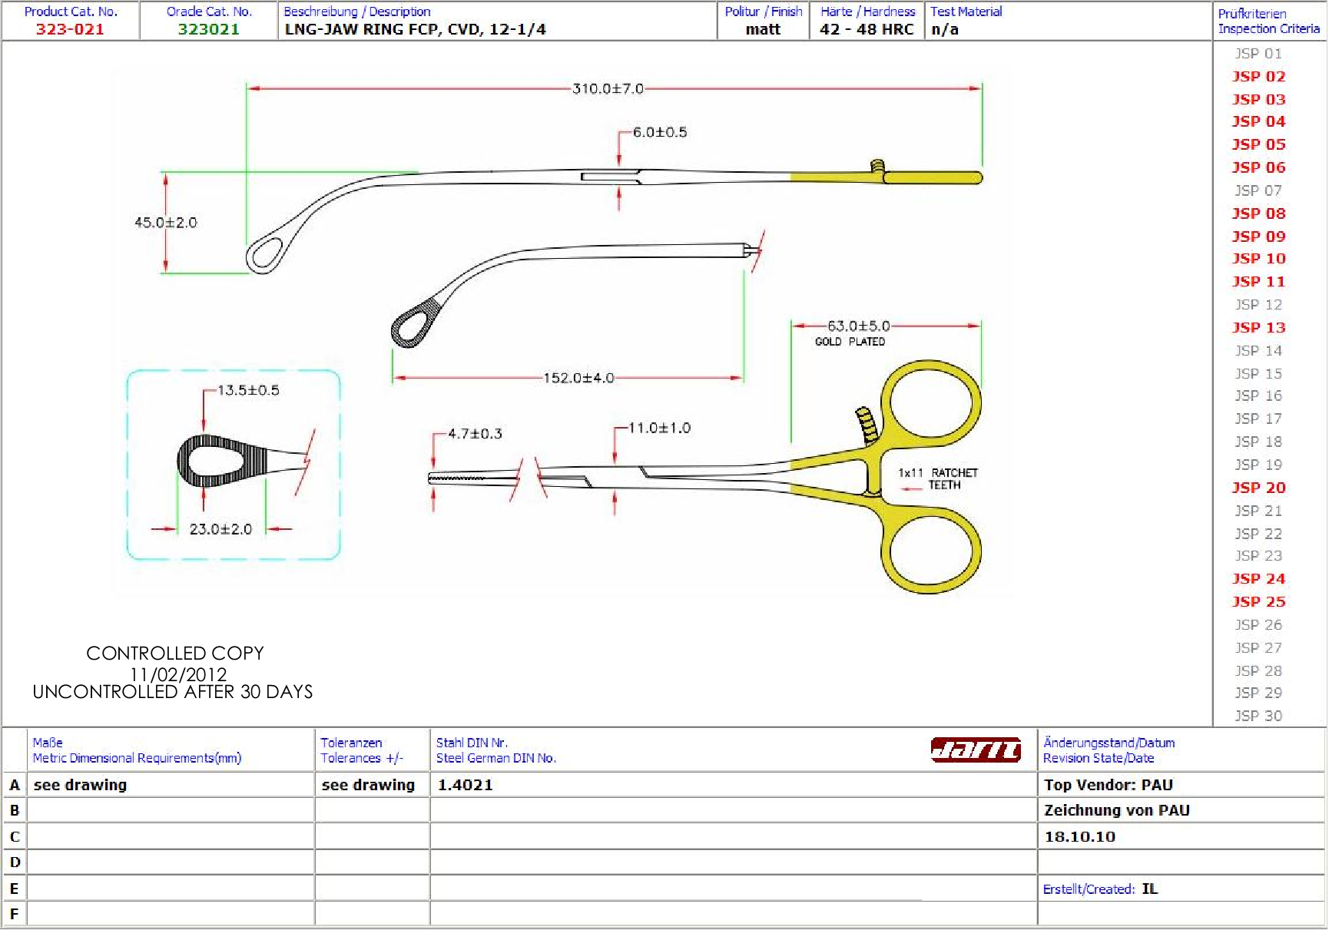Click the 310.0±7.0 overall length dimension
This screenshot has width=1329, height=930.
tap(608, 89)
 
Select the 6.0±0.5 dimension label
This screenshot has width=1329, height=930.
tap(659, 133)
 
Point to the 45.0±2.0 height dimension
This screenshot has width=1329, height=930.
tap(166, 223)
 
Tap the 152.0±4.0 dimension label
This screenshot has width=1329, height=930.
tap(578, 379)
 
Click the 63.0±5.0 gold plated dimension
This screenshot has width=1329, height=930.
tap(858, 326)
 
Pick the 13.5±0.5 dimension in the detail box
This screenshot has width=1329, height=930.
tap(248, 391)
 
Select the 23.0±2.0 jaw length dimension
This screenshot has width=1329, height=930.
tap(220, 529)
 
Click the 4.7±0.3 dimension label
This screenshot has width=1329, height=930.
tap(475, 434)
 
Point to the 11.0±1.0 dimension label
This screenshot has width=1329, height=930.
tap(659, 429)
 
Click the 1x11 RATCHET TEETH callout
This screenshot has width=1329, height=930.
tap(938, 478)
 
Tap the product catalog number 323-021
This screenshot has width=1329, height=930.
tap(70, 29)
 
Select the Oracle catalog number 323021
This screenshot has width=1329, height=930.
tap(209, 29)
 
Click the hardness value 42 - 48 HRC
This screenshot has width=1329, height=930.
tap(867, 29)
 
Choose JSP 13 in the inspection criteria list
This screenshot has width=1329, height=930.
tap(1258, 328)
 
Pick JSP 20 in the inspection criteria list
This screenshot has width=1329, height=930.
tap(1258, 488)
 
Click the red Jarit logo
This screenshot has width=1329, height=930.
tap(976, 749)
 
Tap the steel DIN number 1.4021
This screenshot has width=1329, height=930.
tap(466, 785)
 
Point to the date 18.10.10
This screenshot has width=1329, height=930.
tap(1079, 837)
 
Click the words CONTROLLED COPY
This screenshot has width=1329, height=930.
tap(175, 654)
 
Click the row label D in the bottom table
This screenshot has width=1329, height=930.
tap(15, 862)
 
